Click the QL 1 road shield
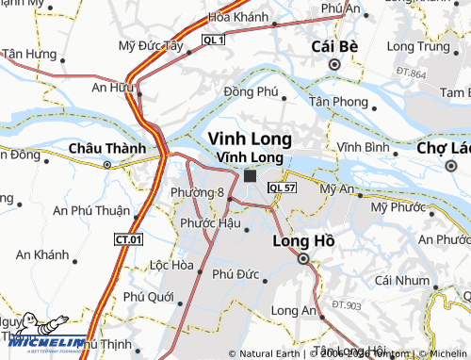point(214,40)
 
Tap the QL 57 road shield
point(280,188)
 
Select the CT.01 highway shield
point(128,239)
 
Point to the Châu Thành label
point(107,148)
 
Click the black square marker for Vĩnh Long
point(250,175)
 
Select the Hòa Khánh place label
point(238,17)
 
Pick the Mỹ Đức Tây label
point(152,44)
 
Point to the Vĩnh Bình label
point(364,148)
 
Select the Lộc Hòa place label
point(171,265)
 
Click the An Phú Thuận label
point(90,210)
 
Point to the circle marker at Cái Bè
point(333,64)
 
